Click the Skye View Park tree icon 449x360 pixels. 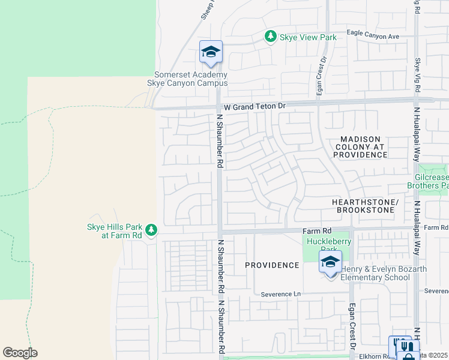(x=271, y=37)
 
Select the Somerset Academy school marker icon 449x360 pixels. (x=211, y=52)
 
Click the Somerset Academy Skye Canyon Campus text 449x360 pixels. (x=191, y=79)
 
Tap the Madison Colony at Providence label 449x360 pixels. (x=360, y=147)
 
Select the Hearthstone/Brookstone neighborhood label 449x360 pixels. (x=363, y=206)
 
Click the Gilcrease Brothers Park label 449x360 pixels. (x=432, y=182)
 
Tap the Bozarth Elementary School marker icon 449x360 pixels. (x=330, y=262)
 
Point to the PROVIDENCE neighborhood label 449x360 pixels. (x=272, y=265)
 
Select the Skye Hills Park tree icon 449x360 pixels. (x=151, y=230)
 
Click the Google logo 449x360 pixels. (x=20, y=353)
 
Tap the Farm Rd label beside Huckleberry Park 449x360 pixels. (x=317, y=230)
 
